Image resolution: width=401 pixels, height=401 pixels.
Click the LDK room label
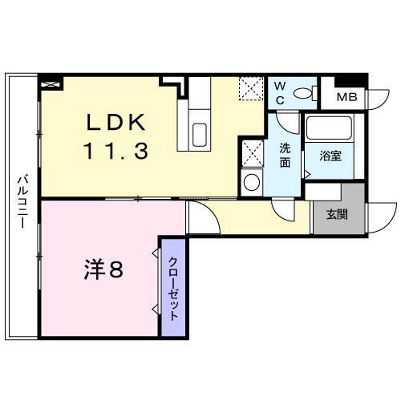click(116, 122)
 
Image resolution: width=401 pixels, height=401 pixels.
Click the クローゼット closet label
click(172, 287)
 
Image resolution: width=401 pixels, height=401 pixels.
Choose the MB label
click(346, 97)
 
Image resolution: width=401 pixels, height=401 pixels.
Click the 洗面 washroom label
click(285, 154)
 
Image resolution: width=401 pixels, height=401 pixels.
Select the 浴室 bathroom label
click(331, 156)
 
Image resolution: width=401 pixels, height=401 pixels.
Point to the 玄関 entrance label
click(336, 214)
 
